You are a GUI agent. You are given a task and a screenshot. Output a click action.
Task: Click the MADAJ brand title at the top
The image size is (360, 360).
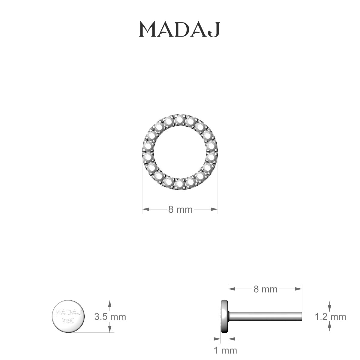click(x=180, y=29)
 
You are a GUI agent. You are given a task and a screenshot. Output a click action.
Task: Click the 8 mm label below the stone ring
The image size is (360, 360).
click(x=180, y=209)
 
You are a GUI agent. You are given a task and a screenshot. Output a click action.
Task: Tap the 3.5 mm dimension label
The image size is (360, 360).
click(x=110, y=316)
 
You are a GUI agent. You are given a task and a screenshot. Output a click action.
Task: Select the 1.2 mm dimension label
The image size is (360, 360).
click(x=330, y=316)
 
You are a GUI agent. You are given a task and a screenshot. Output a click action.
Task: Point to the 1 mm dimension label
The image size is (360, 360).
click(x=225, y=350)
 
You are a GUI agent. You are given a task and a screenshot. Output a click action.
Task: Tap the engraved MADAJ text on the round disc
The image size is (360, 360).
click(x=68, y=313)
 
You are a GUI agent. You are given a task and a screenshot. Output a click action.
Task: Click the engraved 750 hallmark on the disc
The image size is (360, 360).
click(x=68, y=321)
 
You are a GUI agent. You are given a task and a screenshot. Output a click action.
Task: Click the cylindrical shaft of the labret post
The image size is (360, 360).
click(x=264, y=316)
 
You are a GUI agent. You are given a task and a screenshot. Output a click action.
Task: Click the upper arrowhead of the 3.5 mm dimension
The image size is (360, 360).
click(x=110, y=303)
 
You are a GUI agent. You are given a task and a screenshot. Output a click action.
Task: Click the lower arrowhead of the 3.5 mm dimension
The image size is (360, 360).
click(x=110, y=330)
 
